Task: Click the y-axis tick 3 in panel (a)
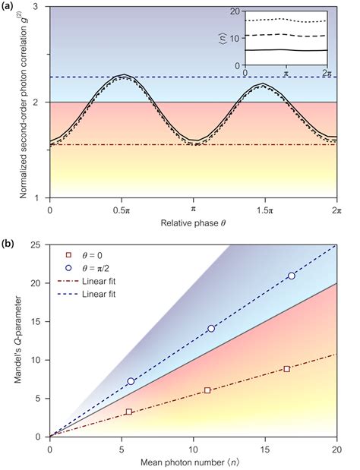coord(39,8)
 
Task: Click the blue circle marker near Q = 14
coord(211,329)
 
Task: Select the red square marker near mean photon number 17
coord(286,368)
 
